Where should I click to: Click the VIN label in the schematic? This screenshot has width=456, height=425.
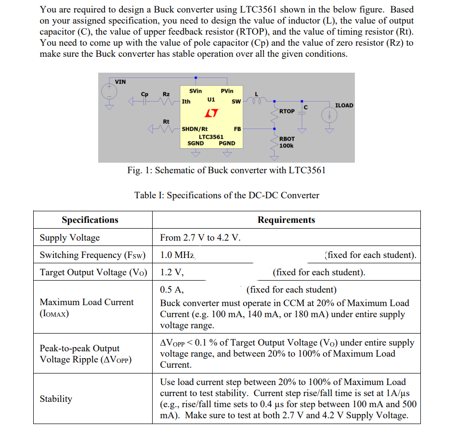120,81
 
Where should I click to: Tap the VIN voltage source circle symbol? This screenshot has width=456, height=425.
108,90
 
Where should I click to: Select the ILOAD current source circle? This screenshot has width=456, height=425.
330,116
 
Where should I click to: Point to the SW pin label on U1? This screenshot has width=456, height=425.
236,102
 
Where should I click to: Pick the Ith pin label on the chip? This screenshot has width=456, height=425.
186,102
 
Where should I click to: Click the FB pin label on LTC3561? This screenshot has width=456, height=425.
237,129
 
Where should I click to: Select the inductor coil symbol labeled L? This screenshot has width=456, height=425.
256,101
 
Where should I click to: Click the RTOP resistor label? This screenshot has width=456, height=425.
287,111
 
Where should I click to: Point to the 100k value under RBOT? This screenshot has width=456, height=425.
287,145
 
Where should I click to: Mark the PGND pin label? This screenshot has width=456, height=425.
227,143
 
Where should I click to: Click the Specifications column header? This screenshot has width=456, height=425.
90,220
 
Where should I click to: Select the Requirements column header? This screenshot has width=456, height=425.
286,220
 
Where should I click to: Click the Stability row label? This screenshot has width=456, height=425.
56,399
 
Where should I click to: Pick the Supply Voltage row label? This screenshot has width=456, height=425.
70,238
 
